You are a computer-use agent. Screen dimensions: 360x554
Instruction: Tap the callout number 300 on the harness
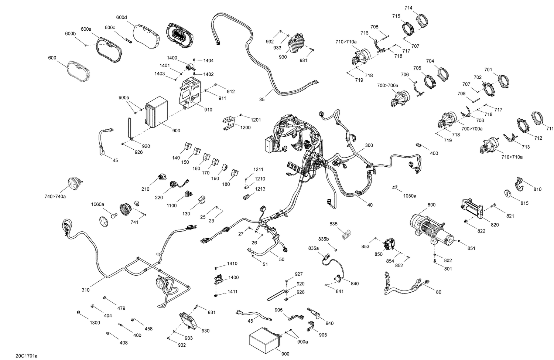coord(369,146)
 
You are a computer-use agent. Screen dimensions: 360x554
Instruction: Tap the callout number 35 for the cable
coord(262,99)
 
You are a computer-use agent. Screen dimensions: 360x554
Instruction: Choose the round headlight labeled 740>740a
coord(75,184)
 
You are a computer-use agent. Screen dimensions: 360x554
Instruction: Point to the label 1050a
coord(410,196)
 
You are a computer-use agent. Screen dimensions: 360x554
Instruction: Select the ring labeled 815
coord(509,193)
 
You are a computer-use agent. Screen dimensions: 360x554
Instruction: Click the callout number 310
coord(85,290)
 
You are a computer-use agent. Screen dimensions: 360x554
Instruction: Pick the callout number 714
coord(408,8)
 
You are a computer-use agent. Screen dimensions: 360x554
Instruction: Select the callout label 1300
coord(95,323)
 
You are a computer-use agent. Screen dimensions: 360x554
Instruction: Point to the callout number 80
coord(438,292)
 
